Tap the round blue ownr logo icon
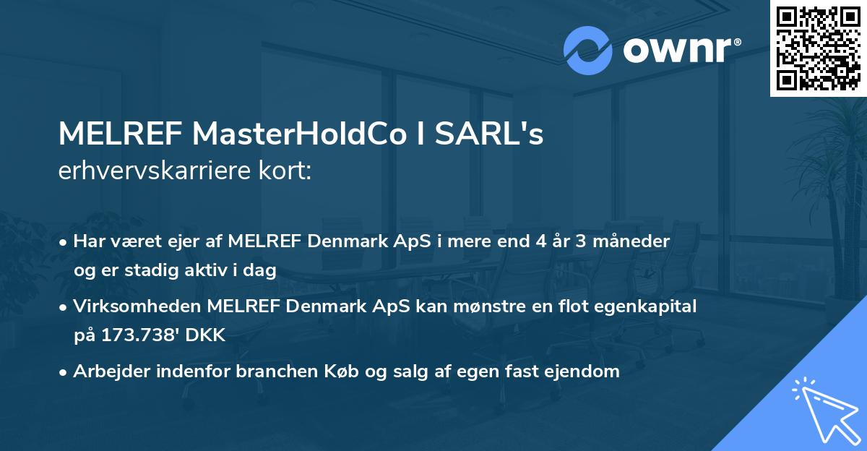(x=588, y=50)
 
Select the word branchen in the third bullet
(x=355, y=371)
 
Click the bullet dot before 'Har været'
(x=64, y=241)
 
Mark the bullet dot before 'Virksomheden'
(x=64, y=306)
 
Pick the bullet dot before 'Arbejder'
(x=64, y=372)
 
